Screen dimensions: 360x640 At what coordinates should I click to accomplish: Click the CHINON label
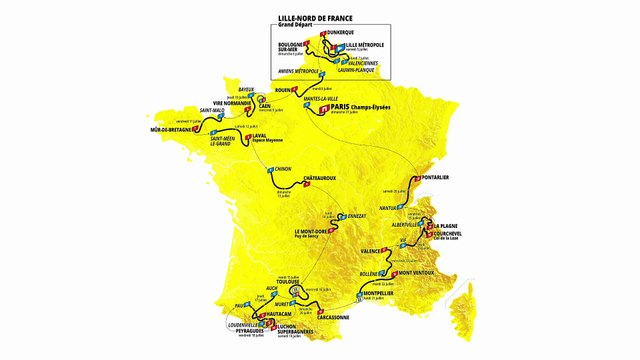click(x=282, y=170)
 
